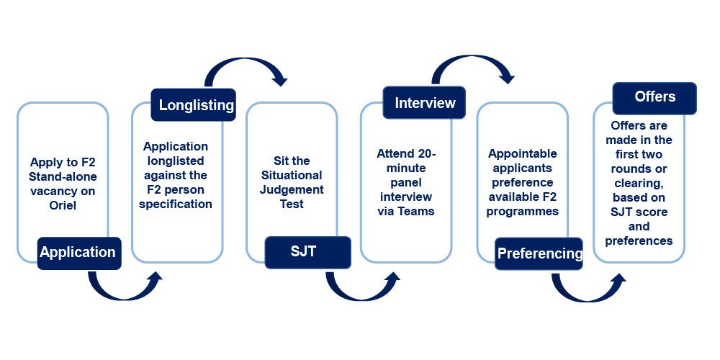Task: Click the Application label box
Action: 79,253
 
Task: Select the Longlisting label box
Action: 193,104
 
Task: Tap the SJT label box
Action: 307,252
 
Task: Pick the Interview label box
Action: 424,103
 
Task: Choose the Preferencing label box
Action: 539,253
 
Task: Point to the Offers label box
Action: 654,98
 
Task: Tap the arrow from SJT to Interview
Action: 358,294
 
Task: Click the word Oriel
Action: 63,204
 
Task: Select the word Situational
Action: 292,175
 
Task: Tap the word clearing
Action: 638,183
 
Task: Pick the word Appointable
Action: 523,153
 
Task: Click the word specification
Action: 176,204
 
